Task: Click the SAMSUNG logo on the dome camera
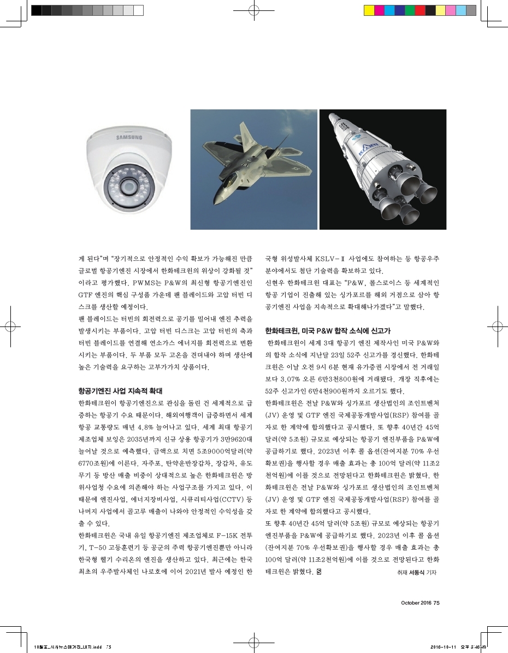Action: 128,137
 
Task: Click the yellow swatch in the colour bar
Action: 369,10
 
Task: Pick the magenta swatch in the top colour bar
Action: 379,10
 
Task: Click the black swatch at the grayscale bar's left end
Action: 36,10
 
